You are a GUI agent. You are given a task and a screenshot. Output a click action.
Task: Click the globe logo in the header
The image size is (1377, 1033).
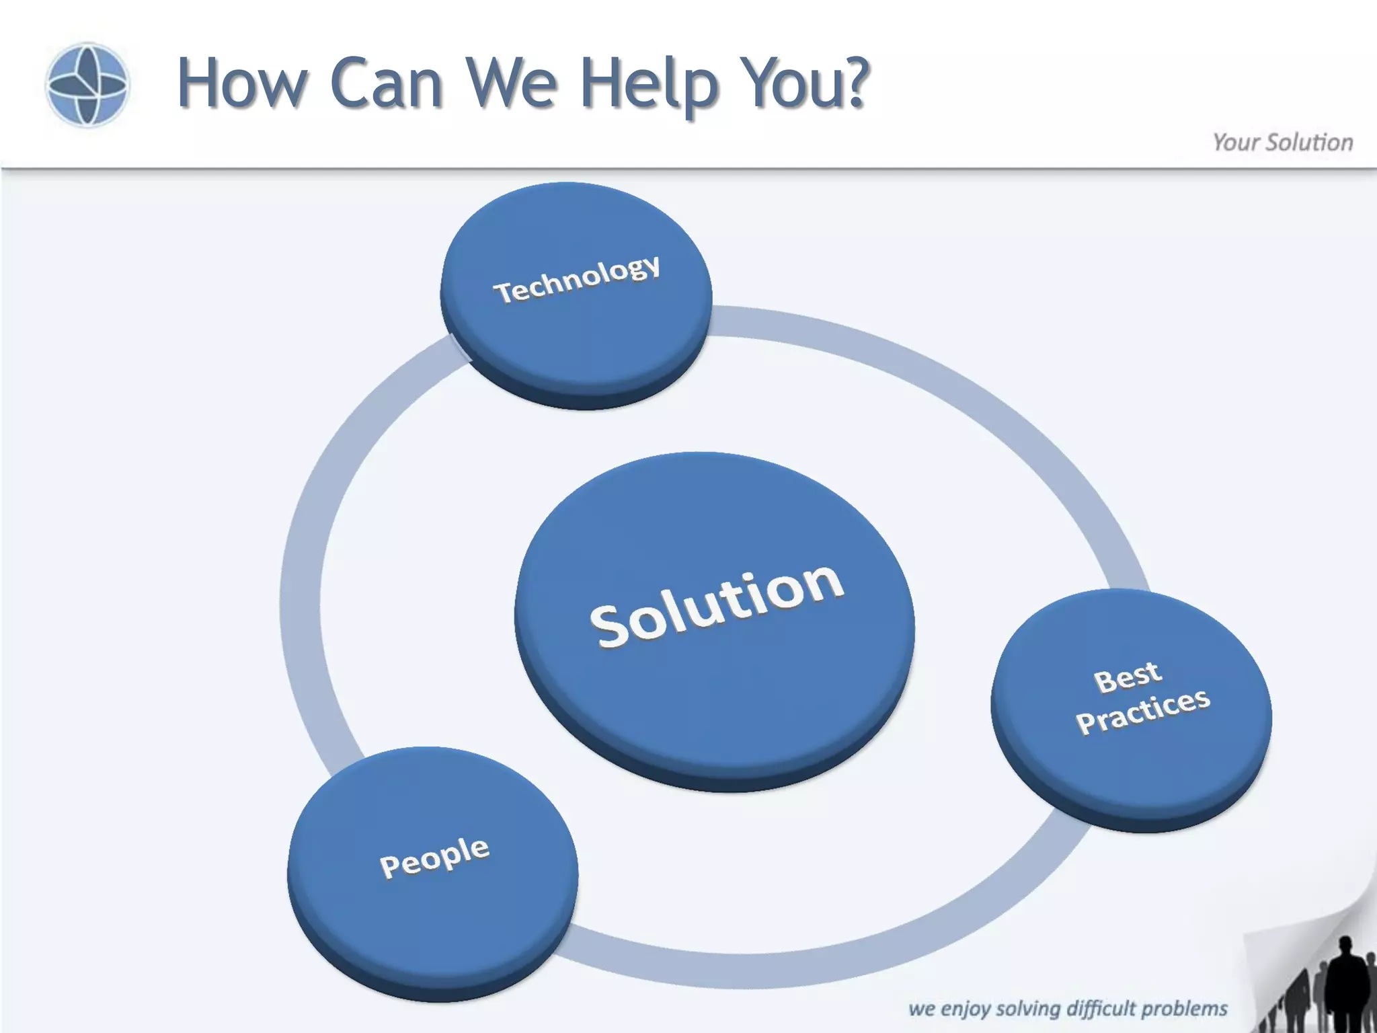87,85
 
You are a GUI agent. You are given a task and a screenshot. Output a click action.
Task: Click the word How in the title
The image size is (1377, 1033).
241,83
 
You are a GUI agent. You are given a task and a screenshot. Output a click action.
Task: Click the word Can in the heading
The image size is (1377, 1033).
387,83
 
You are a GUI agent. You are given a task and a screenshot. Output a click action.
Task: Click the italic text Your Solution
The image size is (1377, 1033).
1282,143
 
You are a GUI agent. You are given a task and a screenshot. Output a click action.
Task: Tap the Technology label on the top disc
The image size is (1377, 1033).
577,278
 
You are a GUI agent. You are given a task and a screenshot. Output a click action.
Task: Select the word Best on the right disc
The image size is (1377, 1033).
1128,677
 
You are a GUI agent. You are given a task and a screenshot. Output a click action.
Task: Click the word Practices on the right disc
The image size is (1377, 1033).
1143,712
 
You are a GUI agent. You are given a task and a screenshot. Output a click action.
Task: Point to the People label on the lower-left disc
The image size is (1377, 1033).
434,857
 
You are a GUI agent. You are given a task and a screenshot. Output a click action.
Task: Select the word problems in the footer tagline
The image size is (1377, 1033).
1184,1009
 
